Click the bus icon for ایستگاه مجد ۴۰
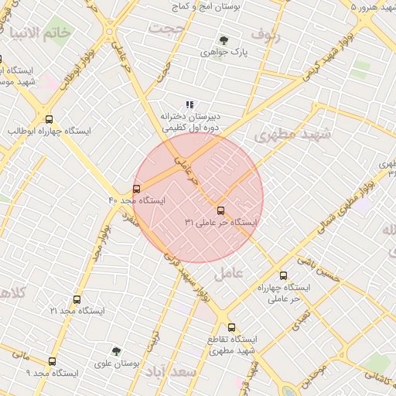(x=137, y=189)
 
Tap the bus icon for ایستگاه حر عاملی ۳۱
(x=220, y=210)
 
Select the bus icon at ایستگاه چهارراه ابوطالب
(x=49, y=120)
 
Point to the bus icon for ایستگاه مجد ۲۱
(x=77, y=299)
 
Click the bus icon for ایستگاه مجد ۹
(x=53, y=361)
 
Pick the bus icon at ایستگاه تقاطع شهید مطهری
(x=231, y=327)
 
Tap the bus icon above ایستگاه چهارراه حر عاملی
(x=283, y=275)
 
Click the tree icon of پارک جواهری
(x=224, y=40)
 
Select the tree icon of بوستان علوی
(x=116, y=351)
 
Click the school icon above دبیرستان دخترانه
(x=189, y=104)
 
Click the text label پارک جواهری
(x=218, y=53)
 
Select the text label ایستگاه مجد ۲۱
(x=77, y=310)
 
